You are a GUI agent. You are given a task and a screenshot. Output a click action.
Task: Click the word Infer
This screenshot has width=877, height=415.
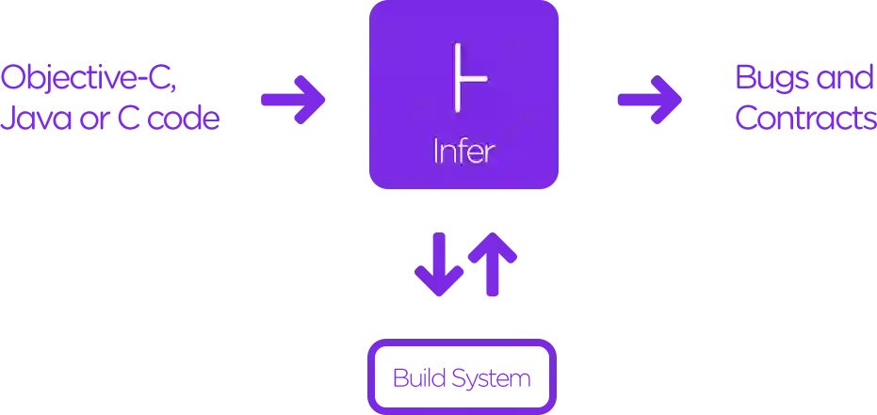pyautogui.click(x=463, y=152)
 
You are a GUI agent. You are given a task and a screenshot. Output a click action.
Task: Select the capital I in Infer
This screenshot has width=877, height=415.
pyautogui.click(x=437, y=152)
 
